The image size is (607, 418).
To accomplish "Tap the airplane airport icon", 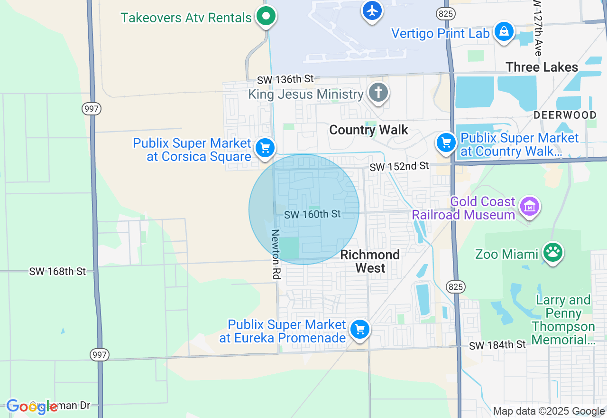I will (372, 9).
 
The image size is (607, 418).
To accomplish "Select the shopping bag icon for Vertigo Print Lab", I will (504, 31).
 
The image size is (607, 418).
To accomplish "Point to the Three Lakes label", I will (542, 67).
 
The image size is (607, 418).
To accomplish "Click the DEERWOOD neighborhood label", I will (565, 115).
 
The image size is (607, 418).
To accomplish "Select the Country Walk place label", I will (368, 130).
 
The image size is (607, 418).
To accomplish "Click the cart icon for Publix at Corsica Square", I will (265, 148).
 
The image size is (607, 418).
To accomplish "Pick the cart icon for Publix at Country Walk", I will (446, 142).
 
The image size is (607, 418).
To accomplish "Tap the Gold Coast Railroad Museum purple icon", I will (530, 206).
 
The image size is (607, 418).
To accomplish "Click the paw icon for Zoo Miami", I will (553, 252).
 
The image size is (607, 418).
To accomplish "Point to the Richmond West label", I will (370, 261).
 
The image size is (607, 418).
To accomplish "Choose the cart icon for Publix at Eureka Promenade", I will (360, 329).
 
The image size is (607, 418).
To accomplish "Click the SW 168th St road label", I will (57, 271).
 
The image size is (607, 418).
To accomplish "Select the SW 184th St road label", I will (497, 344).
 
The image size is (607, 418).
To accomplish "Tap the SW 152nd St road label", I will (399, 166).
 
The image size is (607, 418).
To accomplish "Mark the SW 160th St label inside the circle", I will (313, 214).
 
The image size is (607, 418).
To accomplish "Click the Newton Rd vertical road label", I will (276, 254).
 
